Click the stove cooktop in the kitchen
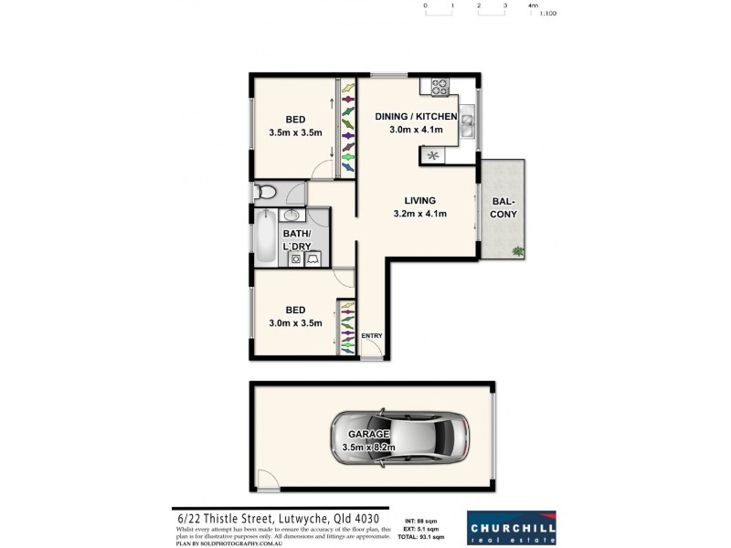click(x=439, y=88)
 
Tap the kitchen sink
click(x=466, y=121)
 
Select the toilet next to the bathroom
click(x=266, y=192)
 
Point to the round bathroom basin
click(x=292, y=216)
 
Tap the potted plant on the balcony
click(x=518, y=251)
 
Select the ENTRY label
click(x=372, y=336)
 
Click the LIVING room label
click(x=421, y=201)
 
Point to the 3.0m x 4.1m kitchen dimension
click(x=417, y=131)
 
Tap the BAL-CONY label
click(x=504, y=207)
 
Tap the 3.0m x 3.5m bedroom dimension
click(x=295, y=322)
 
